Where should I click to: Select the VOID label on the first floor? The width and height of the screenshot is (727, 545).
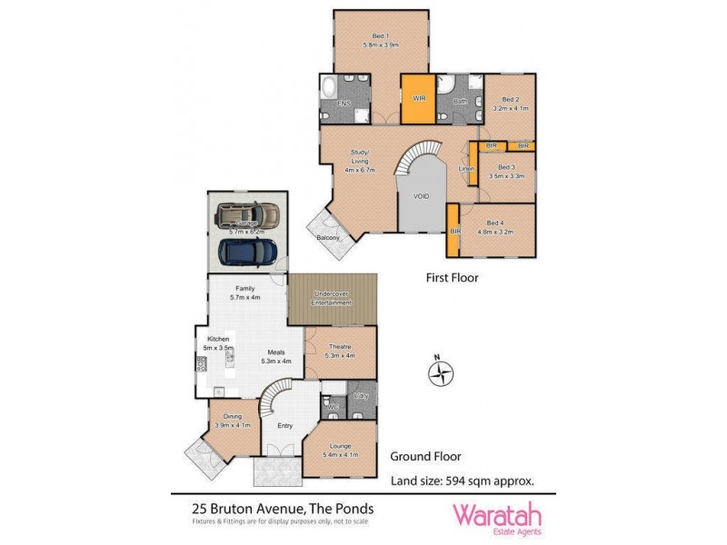click(421, 196)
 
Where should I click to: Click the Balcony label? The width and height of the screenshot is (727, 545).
click(328, 238)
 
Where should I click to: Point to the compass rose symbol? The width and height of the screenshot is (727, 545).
click(442, 373)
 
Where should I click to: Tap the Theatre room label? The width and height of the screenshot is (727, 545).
click(339, 349)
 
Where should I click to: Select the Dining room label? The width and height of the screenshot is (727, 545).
click(233, 420)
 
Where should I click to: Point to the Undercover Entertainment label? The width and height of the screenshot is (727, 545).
click(332, 298)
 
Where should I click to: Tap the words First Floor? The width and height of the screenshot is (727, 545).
click(452, 278)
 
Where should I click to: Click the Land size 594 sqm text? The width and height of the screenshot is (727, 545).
click(462, 481)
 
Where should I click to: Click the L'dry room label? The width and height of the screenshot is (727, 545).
click(361, 396)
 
